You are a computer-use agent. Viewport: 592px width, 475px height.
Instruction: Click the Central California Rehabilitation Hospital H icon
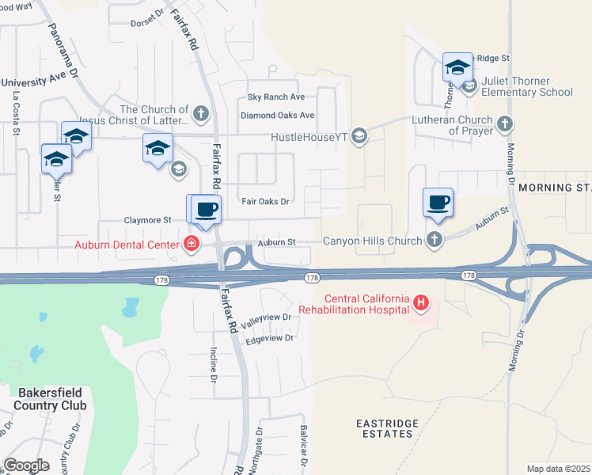(421, 302)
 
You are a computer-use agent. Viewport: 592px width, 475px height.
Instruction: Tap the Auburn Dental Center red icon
(191, 244)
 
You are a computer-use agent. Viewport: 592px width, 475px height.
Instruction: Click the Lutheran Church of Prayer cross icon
(504, 123)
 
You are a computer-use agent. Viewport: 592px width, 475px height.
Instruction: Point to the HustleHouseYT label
(309, 137)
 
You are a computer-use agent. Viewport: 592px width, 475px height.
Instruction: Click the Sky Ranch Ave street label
(276, 97)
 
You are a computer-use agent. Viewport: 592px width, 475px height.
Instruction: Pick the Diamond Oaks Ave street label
(278, 115)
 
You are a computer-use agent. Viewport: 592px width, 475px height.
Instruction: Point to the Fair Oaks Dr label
(265, 202)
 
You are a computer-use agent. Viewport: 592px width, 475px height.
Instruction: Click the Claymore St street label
(146, 220)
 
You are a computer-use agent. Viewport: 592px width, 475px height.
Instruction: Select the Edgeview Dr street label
(270, 338)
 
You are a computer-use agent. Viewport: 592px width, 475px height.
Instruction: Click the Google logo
(26, 465)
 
